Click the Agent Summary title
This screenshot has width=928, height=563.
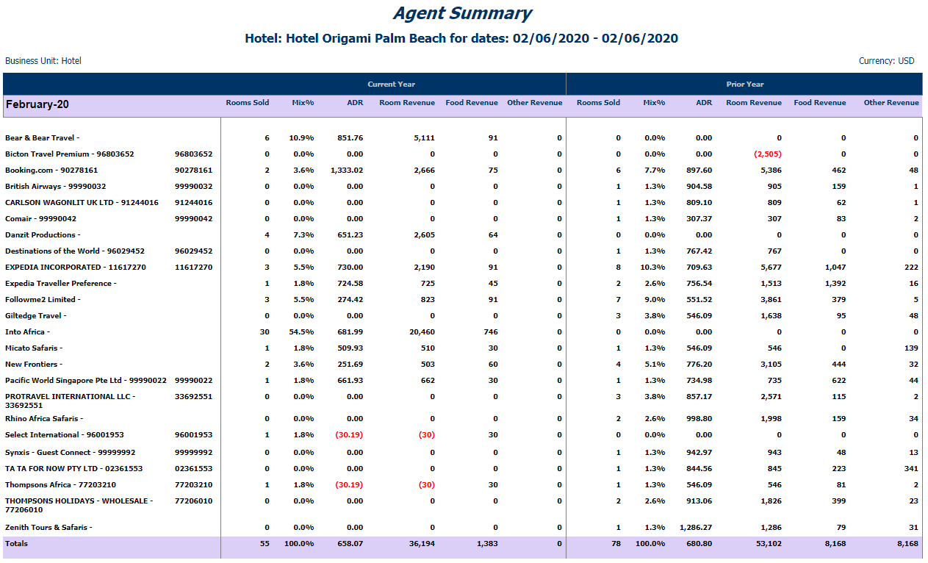[x=462, y=13]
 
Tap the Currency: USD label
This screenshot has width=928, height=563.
[x=886, y=61]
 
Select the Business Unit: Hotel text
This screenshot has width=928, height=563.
[x=43, y=61]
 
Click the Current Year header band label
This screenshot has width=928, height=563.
[x=391, y=84]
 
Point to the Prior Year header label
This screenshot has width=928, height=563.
[x=744, y=84]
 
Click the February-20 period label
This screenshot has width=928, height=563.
[x=37, y=104]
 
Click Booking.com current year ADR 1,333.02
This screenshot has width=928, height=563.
[x=347, y=171]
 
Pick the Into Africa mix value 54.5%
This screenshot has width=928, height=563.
[x=301, y=331]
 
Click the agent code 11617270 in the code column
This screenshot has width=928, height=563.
[x=193, y=268]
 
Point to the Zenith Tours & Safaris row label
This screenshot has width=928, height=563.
[x=48, y=528]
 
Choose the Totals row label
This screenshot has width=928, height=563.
[x=16, y=544]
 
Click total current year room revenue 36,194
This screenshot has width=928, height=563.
[x=422, y=544]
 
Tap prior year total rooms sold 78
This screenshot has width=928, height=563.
[x=616, y=544]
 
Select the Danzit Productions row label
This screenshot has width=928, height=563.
[x=43, y=235]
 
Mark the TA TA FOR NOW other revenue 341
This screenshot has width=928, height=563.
[x=911, y=468]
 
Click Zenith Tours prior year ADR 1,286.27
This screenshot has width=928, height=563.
[x=696, y=528]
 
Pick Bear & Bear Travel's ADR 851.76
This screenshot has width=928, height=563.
[x=350, y=138]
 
